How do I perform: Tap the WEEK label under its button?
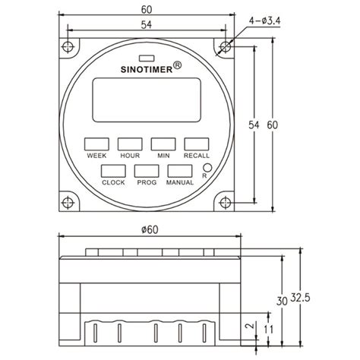point(96,155)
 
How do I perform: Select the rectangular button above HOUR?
point(128,144)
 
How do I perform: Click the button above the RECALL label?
point(196,144)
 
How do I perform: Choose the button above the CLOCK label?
point(112,172)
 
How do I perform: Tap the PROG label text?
point(146,183)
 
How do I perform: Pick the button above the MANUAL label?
point(180,172)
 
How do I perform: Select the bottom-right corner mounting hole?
point(226,203)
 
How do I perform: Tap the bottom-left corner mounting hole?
point(68,203)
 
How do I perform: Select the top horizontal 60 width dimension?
point(146,11)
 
